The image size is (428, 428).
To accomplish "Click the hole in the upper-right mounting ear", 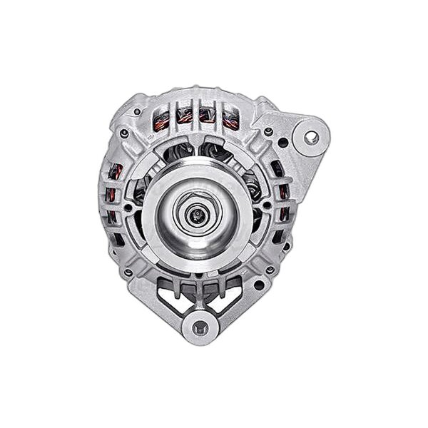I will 312,137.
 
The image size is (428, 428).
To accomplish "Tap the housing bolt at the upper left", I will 124,133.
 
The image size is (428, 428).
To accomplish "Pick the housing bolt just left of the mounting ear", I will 268,131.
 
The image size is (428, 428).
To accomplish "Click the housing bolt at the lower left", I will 127,272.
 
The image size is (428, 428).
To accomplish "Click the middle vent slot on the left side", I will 111,194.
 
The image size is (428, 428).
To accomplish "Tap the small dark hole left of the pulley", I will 128,208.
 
